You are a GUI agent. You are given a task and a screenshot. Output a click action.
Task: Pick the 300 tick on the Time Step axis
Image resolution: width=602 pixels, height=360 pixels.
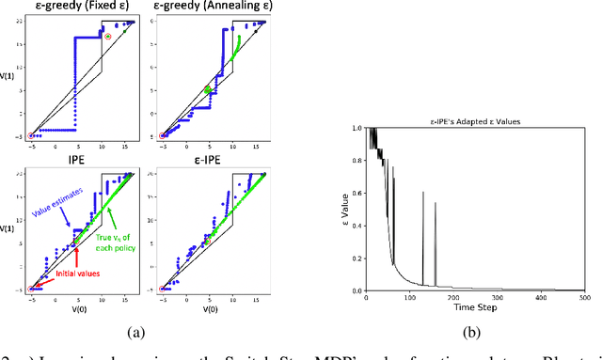453,300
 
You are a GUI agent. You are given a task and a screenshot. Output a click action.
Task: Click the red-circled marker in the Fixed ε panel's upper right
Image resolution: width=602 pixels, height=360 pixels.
107,37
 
